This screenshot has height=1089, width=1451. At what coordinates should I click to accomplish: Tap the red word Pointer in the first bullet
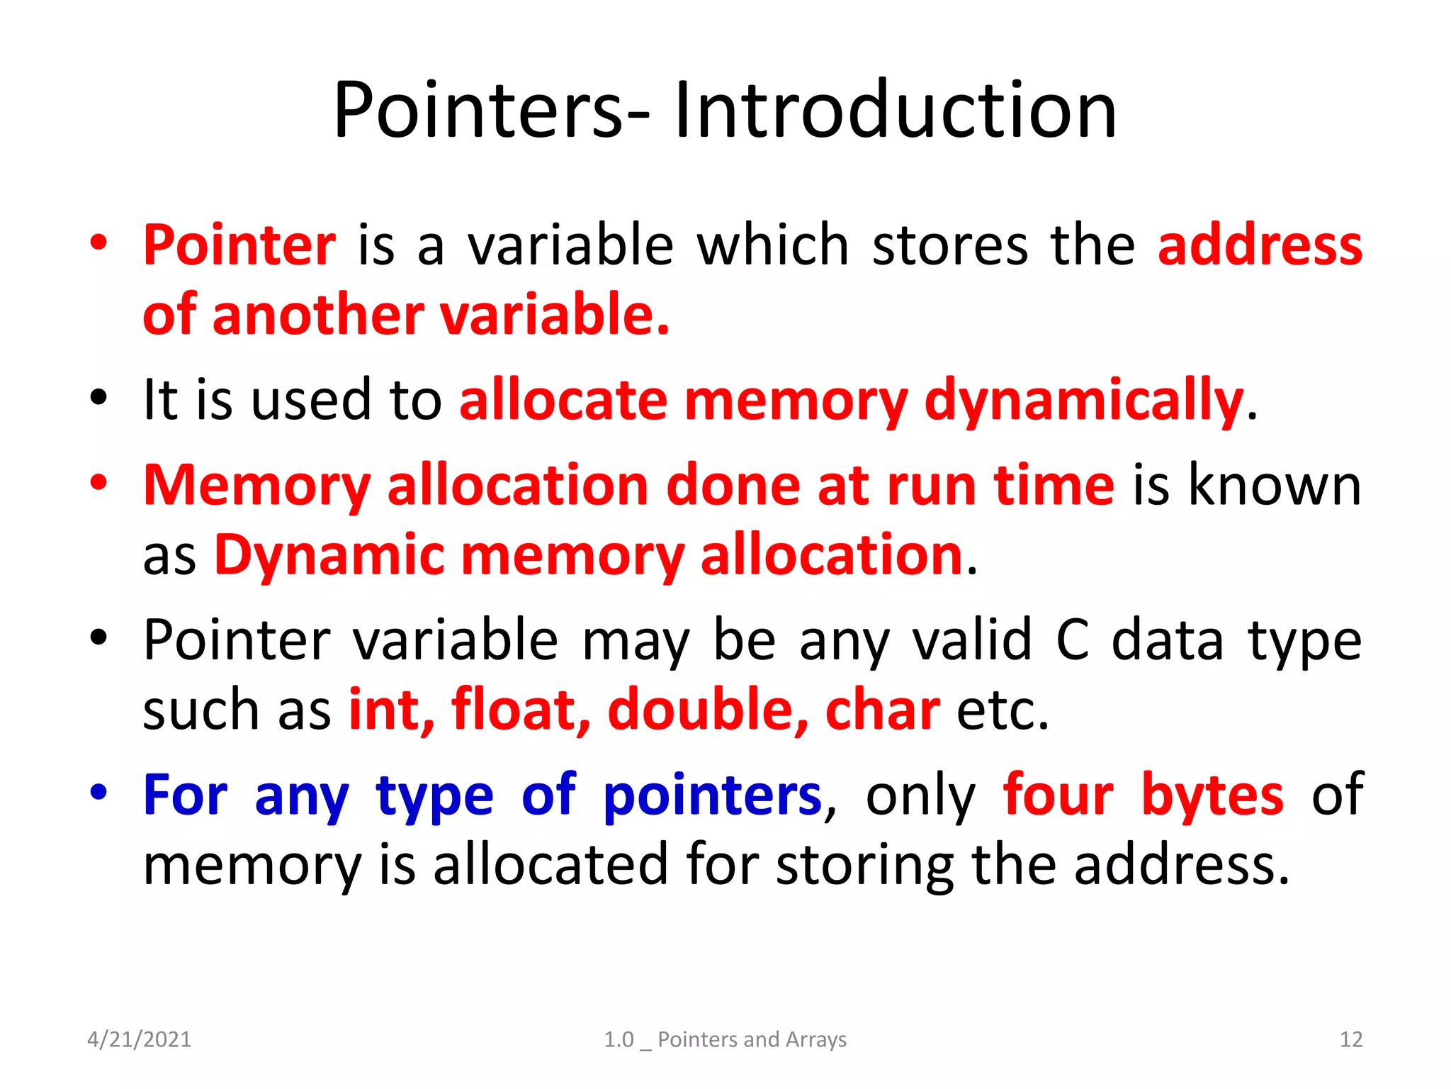pos(239,245)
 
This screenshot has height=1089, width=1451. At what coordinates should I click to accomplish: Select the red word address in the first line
pos(1260,245)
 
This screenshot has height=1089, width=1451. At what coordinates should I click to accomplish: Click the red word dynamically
pos(1084,401)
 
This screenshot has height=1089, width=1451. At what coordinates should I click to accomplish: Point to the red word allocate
pos(563,401)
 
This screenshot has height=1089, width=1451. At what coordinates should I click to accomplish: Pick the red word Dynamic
pos(329,555)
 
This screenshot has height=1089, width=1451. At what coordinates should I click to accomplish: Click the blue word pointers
pos(712,795)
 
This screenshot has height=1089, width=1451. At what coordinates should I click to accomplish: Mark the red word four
pos(1058,795)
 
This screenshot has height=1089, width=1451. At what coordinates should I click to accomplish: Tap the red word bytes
pos(1212,795)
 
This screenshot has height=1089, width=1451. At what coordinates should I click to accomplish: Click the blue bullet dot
pos(98,791)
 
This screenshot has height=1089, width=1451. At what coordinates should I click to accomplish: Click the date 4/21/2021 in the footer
pos(139,1039)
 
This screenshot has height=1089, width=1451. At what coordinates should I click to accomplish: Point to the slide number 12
pos(1350,1039)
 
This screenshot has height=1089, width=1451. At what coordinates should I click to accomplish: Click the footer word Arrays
pos(816,1039)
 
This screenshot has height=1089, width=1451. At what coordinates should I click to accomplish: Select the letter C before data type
pos(1072,640)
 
